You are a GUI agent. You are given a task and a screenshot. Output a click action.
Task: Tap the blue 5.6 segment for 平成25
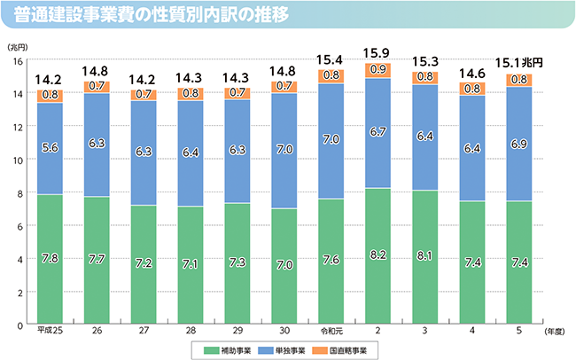(50, 149)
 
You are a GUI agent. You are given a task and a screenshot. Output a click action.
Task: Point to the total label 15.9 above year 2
(378, 53)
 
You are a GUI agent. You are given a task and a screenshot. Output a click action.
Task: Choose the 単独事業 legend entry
(286, 349)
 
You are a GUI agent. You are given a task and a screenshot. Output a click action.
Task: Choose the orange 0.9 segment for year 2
(378, 70)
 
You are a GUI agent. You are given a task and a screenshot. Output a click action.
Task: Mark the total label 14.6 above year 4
(472, 74)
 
